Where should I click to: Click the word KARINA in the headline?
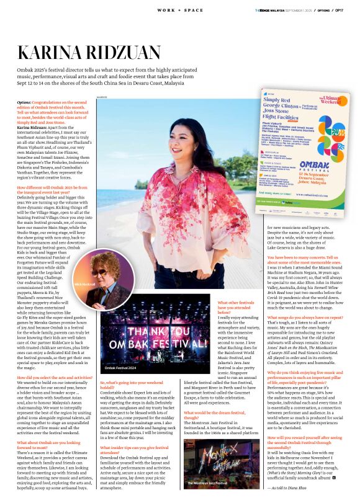(x=55, y=55)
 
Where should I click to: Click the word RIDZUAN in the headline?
(x=131, y=55)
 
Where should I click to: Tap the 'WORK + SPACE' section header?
(x=179, y=11)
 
